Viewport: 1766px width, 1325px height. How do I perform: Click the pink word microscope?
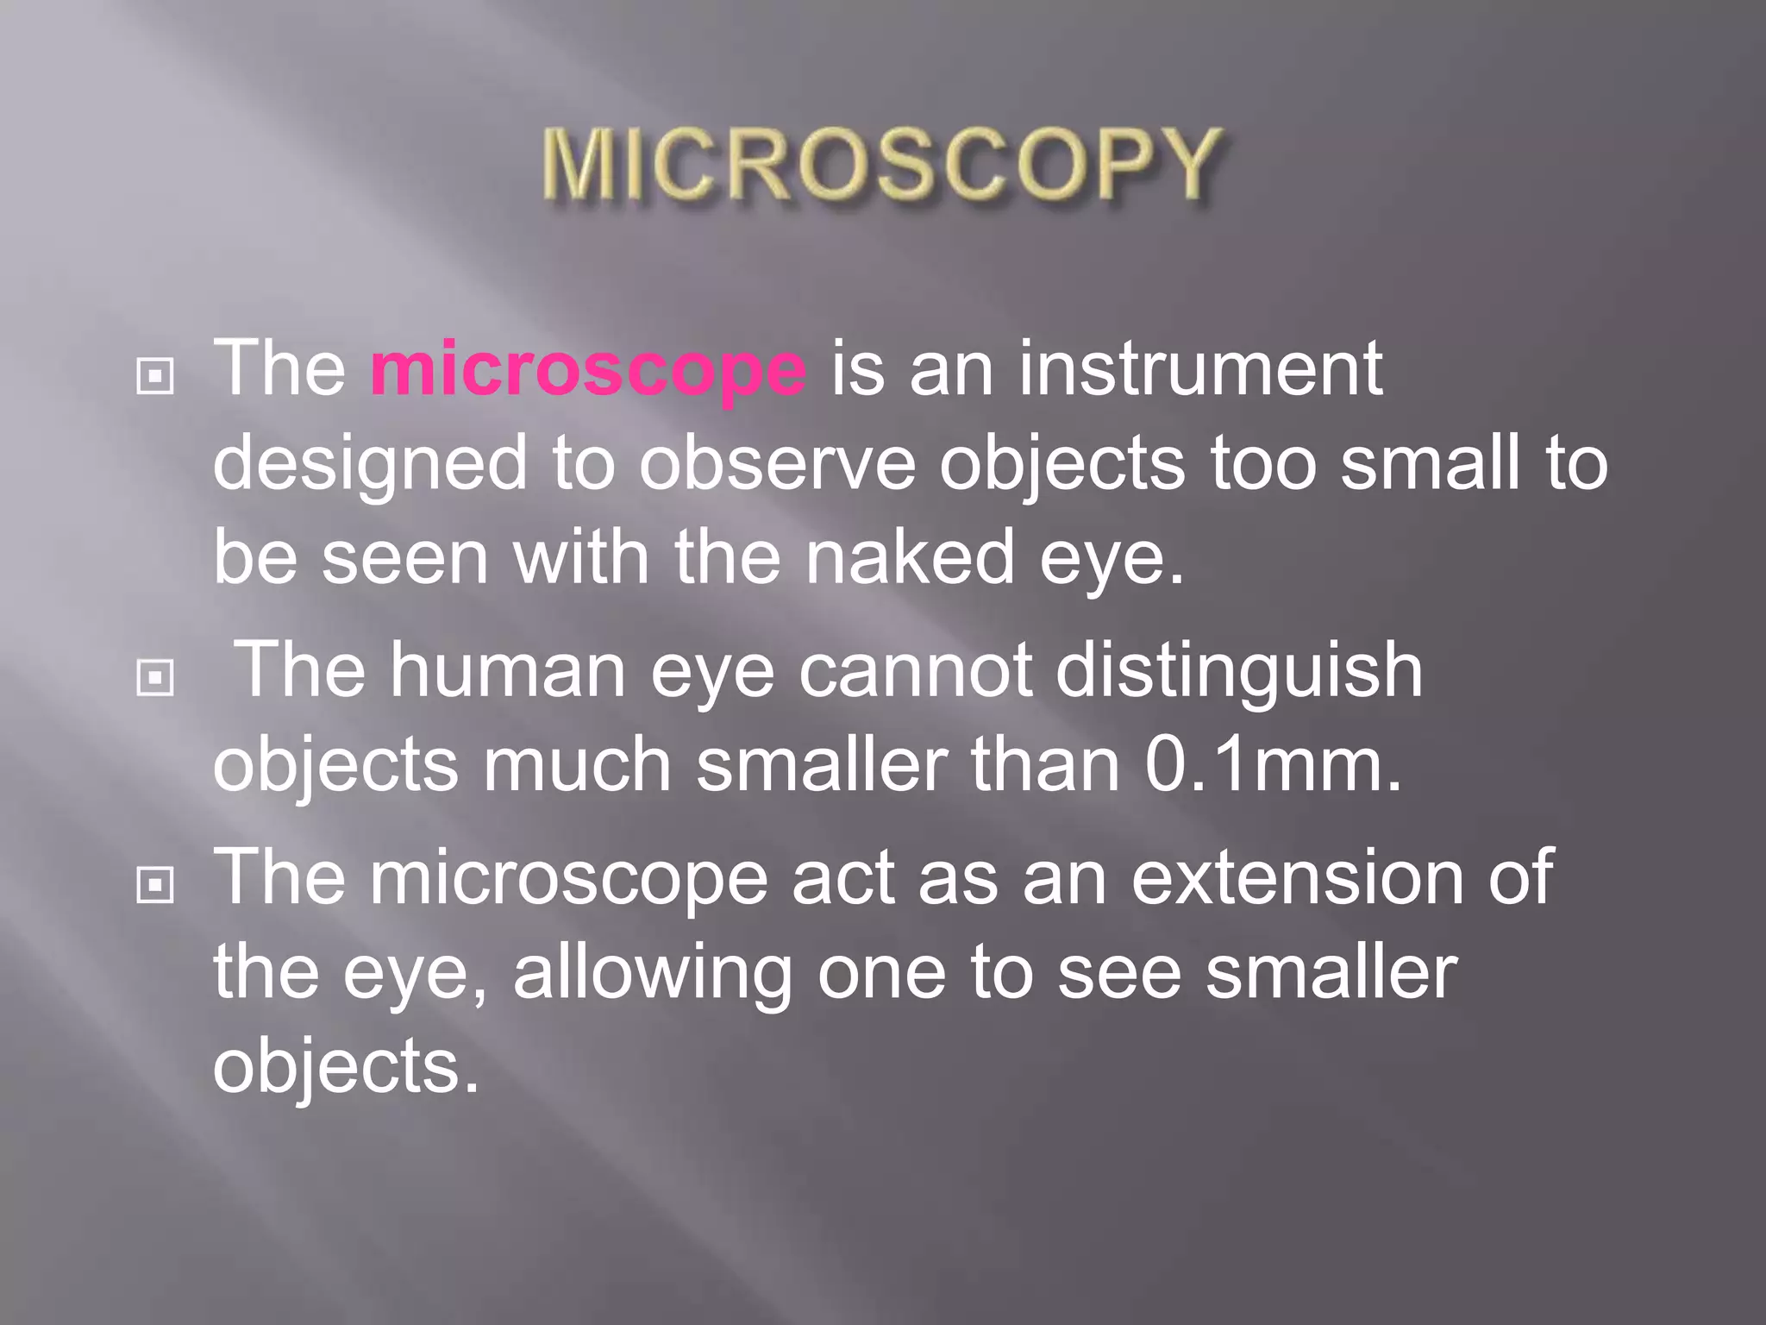[x=588, y=369]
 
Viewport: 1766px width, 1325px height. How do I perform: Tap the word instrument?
[x=1200, y=369]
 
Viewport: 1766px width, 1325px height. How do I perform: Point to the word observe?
[x=776, y=464]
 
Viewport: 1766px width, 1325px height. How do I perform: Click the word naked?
[x=910, y=558]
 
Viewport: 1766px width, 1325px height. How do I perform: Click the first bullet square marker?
[x=155, y=376]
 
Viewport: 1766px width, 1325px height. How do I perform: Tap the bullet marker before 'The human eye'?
[x=155, y=678]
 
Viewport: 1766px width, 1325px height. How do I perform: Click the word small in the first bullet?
[x=1431, y=464]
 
